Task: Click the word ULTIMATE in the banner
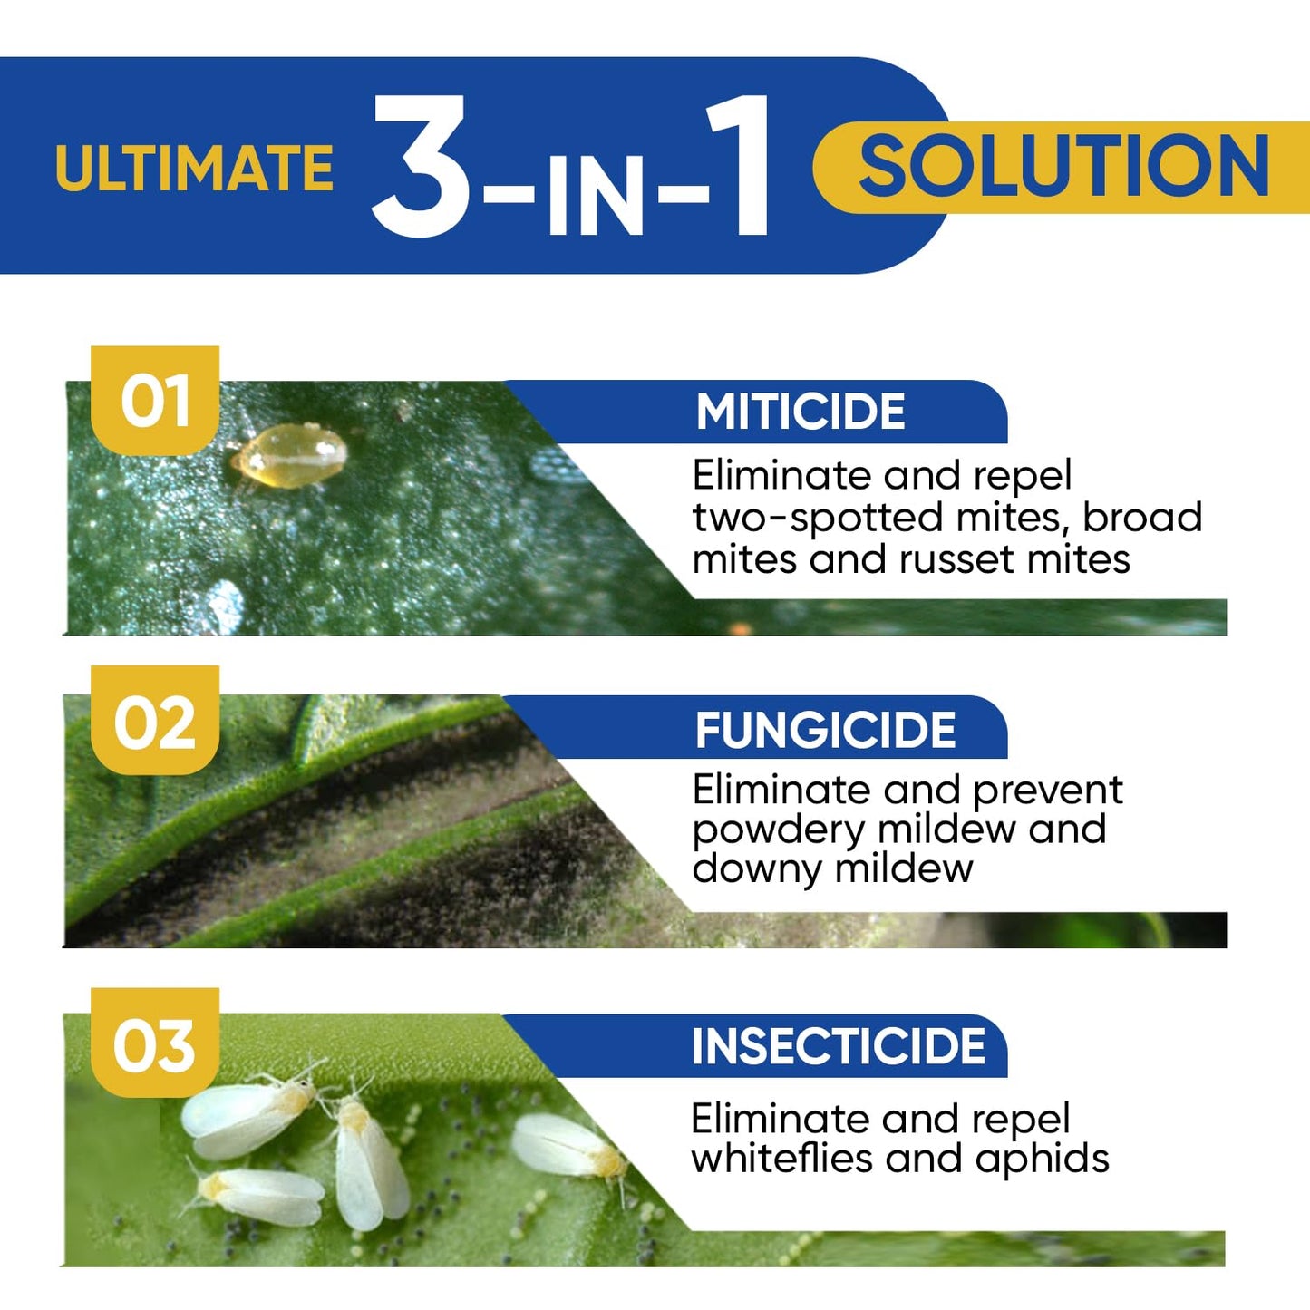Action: point(194,169)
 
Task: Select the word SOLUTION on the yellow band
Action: point(1063,167)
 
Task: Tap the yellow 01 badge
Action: point(155,401)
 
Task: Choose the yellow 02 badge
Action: point(155,723)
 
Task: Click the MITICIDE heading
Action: point(801,412)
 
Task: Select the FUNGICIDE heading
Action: point(825,731)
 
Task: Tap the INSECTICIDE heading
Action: point(839,1046)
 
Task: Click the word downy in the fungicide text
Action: point(756,868)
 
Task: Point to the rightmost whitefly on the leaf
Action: point(568,1147)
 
